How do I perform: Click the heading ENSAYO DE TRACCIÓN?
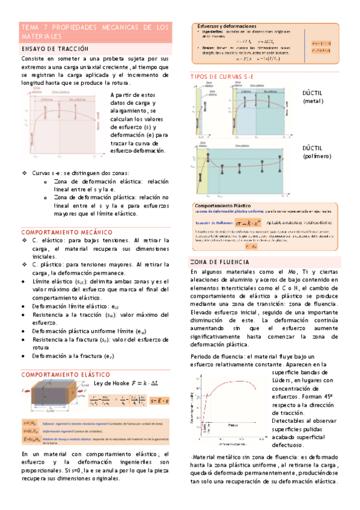click(x=55, y=48)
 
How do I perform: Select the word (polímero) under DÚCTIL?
click(x=317, y=156)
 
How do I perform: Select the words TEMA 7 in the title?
click(x=35, y=28)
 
